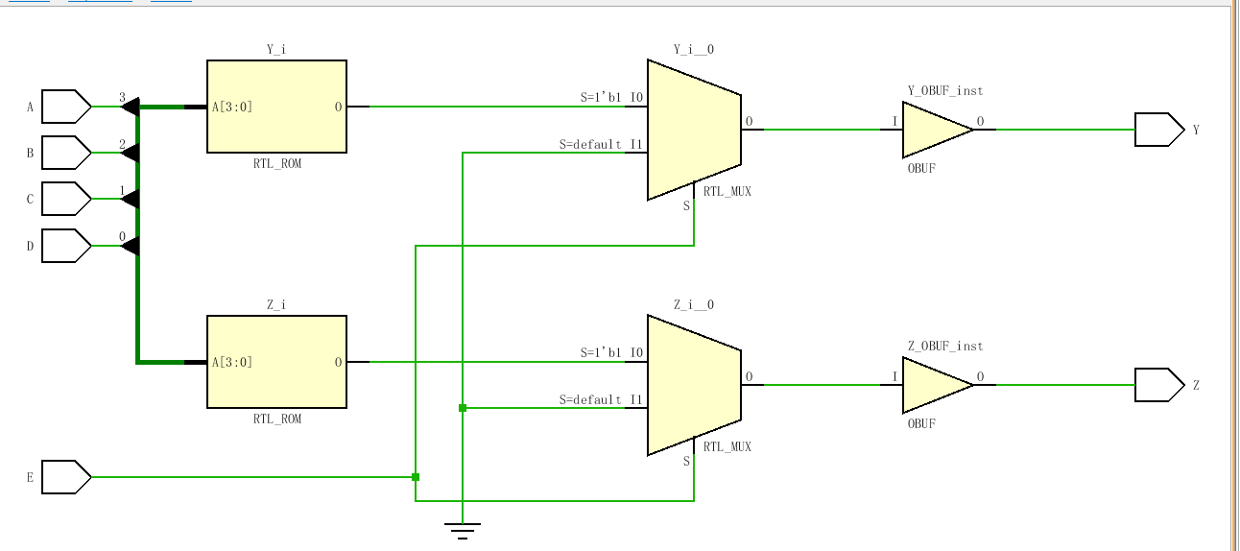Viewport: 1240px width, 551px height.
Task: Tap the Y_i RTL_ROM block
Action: pyautogui.click(x=276, y=107)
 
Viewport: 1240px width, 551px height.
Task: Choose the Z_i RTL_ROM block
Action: pyautogui.click(x=276, y=362)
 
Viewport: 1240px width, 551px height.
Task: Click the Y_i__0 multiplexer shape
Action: pyautogui.click(x=694, y=130)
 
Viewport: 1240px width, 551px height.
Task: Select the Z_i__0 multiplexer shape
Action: pyautogui.click(x=694, y=385)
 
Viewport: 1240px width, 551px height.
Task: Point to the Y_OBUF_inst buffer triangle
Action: pyautogui.click(x=934, y=130)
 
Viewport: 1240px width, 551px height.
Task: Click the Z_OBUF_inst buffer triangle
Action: pyautogui.click(x=934, y=385)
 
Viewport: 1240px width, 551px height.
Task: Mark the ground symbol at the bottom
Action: pyautogui.click(x=463, y=529)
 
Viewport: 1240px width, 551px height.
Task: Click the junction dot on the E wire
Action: pyautogui.click(x=416, y=477)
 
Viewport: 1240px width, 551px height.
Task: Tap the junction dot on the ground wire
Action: pyautogui.click(x=463, y=408)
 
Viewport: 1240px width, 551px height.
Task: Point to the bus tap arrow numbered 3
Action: pyautogui.click(x=131, y=107)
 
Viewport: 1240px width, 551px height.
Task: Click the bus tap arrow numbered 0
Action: pyautogui.click(x=131, y=246)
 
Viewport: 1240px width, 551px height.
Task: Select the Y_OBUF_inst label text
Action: pyautogui.click(x=945, y=91)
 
